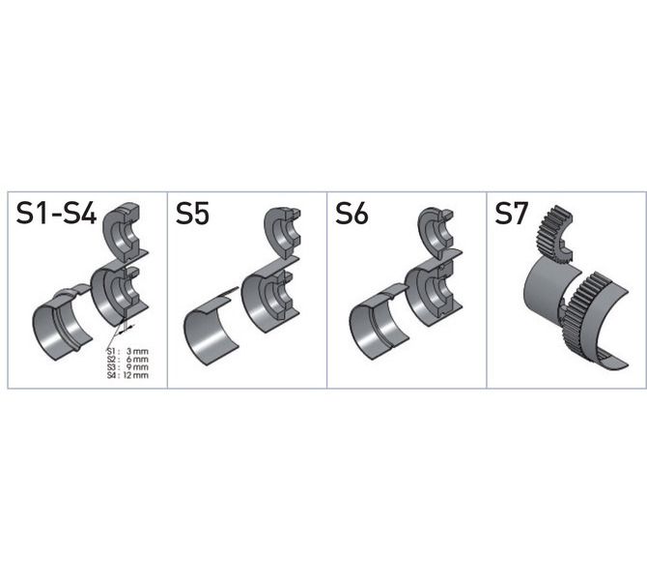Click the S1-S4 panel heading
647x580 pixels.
tap(56, 214)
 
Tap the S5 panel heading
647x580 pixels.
tap(192, 214)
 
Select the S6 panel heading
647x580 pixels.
tap(352, 214)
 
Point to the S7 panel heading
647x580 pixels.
tap(511, 214)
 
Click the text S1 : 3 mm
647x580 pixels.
tap(127, 351)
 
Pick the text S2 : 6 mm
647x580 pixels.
tap(127, 360)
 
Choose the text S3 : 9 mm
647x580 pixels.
tap(127, 367)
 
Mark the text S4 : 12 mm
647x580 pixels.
tap(127, 375)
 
